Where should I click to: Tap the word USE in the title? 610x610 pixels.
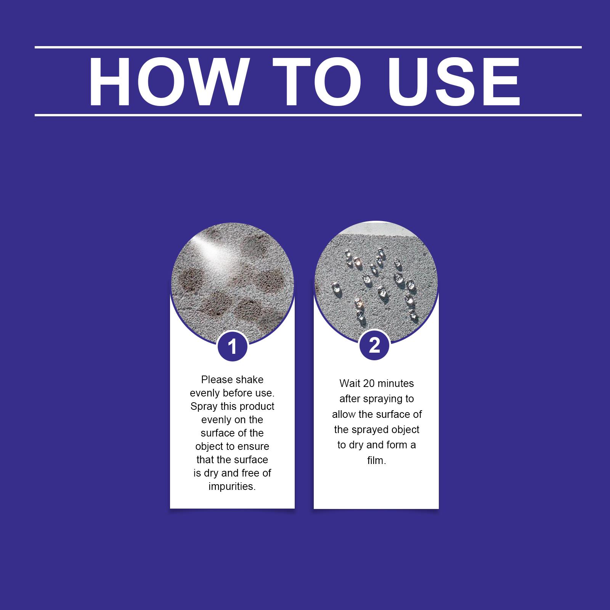pyautogui.click(x=454, y=82)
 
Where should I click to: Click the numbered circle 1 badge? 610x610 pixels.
pyautogui.click(x=232, y=347)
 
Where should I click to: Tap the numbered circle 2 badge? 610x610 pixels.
pyautogui.click(x=374, y=345)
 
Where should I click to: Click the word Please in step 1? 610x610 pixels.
pyautogui.click(x=217, y=380)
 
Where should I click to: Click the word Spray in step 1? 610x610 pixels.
pyautogui.click(x=204, y=407)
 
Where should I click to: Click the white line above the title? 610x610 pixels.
pyautogui.click(x=308, y=47)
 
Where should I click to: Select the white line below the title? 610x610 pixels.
pyautogui.click(x=308, y=115)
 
